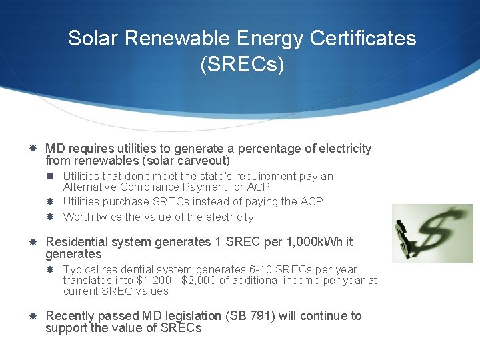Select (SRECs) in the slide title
(x=242, y=65)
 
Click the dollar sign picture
(x=432, y=233)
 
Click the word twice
(x=109, y=217)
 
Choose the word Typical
(x=81, y=270)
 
